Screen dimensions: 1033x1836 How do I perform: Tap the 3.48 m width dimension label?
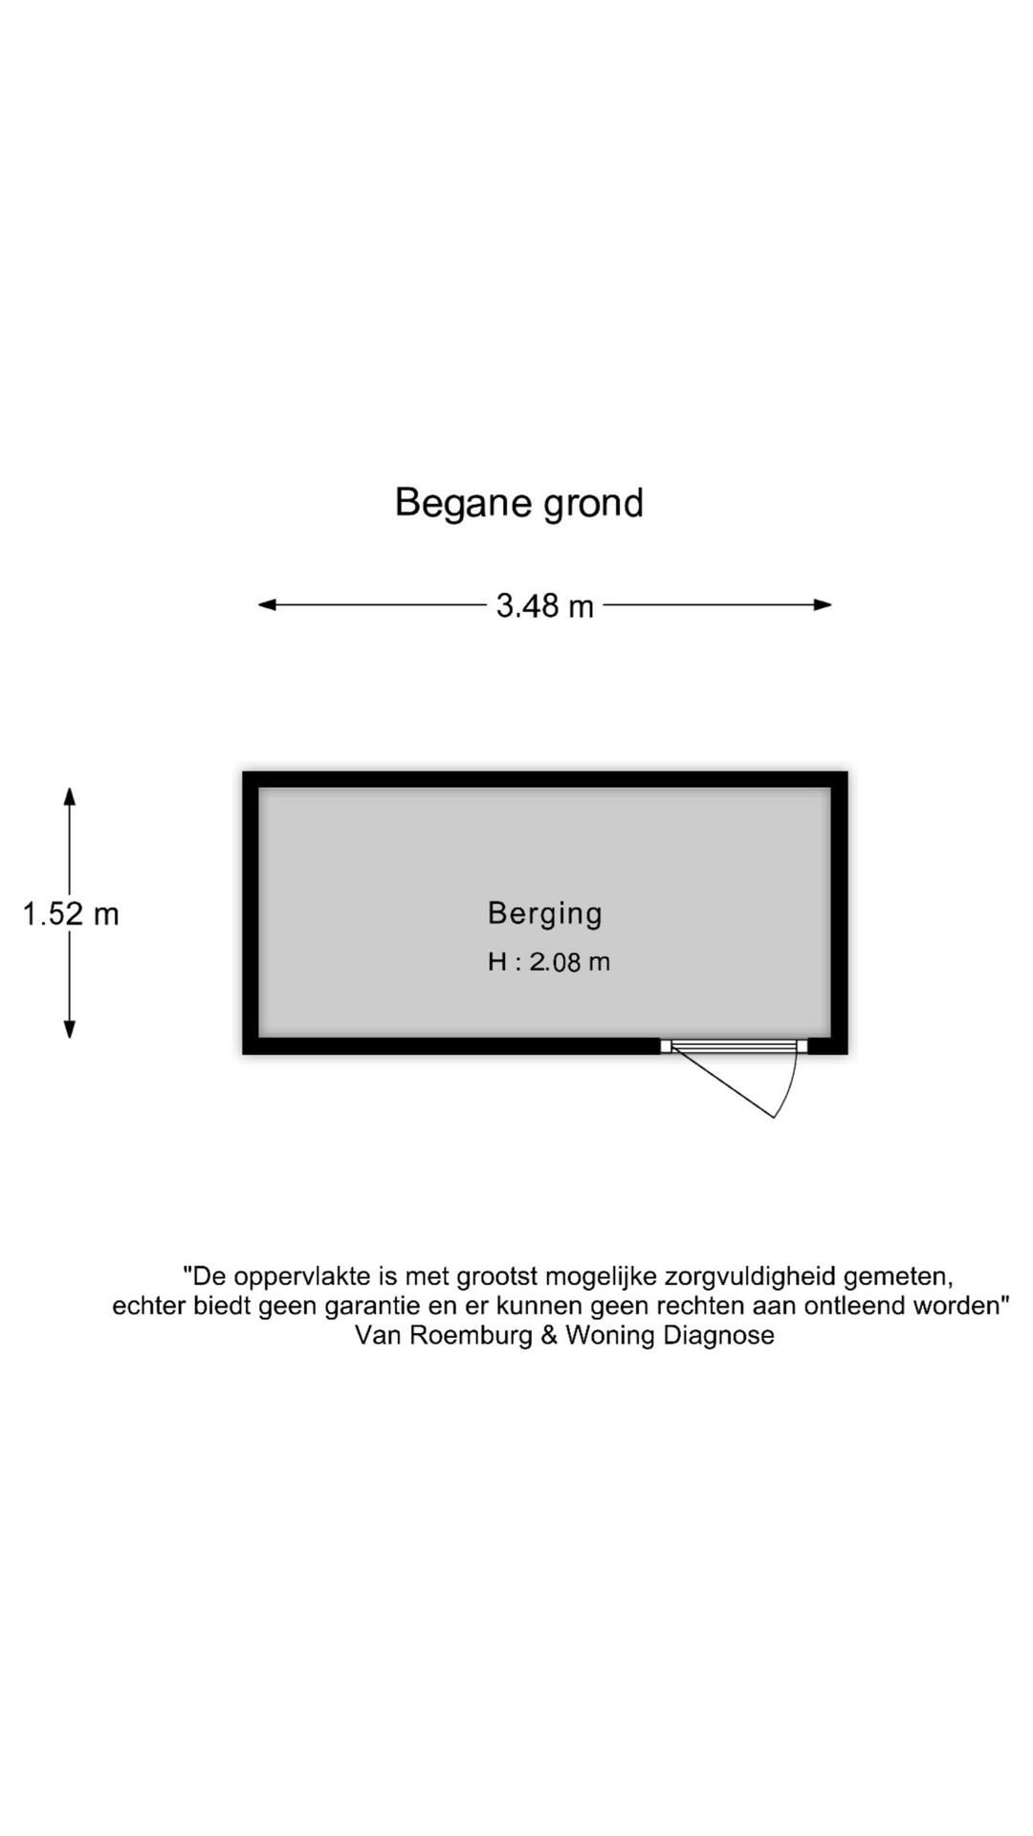click(x=544, y=605)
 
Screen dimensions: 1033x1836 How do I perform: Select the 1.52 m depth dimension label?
click(x=71, y=914)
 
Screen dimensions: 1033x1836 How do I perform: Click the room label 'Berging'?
click(x=545, y=914)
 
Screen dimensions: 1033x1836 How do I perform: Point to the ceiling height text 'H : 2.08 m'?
click(x=549, y=962)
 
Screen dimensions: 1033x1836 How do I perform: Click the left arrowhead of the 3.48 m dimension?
click(x=268, y=604)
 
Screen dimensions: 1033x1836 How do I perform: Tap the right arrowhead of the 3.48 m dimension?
click(x=823, y=604)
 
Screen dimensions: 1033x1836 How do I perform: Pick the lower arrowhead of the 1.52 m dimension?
click(x=69, y=1029)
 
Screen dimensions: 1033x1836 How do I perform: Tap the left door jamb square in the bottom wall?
click(x=666, y=1046)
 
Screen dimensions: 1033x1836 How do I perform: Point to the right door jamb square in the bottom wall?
click(x=802, y=1046)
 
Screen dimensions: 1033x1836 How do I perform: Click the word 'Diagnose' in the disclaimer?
click(x=718, y=1335)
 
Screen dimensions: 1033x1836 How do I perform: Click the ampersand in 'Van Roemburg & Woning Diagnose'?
click(x=549, y=1335)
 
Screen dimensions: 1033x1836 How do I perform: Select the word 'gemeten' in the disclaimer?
click(x=894, y=1278)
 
